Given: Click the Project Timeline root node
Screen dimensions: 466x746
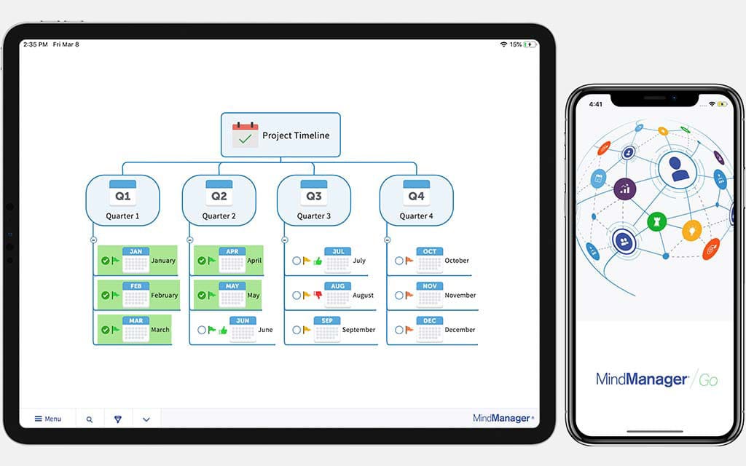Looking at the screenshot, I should coord(280,135).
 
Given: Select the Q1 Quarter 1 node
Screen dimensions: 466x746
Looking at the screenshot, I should coord(122,200).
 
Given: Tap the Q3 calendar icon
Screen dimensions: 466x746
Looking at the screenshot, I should coord(313,193).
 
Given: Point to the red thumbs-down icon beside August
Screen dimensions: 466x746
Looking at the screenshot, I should coord(318,295).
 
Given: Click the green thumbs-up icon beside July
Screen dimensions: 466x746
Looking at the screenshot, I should coord(318,261).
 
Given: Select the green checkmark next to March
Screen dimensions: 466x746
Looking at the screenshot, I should coord(106,330).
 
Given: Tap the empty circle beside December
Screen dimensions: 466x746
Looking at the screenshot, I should coord(399,330).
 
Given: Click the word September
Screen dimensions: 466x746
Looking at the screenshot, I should coord(358,330).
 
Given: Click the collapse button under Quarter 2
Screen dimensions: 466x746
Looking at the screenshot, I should coord(189,240).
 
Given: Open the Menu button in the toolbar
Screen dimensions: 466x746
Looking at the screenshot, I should coord(48,419).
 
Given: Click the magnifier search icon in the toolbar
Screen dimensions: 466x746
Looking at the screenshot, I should coord(90,419).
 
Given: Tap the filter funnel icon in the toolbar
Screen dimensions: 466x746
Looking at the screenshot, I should coord(118,419).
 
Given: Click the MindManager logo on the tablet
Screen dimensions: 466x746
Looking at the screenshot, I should coord(503,418).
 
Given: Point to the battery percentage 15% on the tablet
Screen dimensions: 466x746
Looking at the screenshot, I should coord(515,44).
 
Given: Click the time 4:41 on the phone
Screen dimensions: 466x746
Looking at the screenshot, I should coord(595,104).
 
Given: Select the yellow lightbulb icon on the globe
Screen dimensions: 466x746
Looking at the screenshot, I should coord(691,230).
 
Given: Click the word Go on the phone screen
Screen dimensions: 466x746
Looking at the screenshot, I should coord(707,380).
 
